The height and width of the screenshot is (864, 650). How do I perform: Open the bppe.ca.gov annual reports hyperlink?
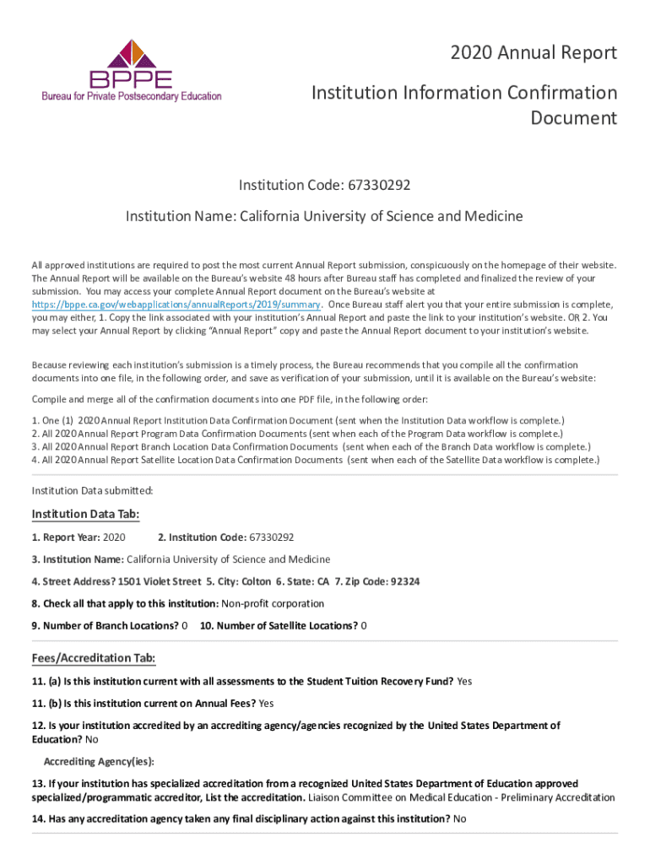(176, 305)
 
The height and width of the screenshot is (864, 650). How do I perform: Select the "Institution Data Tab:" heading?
(85, 515)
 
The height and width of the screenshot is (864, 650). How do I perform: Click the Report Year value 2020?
(114, 537)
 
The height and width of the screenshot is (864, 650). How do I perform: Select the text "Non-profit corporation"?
(272, 603)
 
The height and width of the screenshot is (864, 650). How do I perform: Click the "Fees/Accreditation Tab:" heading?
(93, 658)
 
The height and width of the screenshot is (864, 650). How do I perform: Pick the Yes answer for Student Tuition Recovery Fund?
(464, 681)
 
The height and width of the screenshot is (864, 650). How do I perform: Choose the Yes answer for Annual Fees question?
(267, 703)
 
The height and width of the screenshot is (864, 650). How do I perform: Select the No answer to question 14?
(460, 818)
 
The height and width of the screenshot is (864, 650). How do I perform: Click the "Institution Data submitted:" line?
(93, 490)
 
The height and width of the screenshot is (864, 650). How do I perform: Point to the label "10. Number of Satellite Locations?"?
(279, 625)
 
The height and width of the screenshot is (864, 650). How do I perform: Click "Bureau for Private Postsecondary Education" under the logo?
(132, 96)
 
